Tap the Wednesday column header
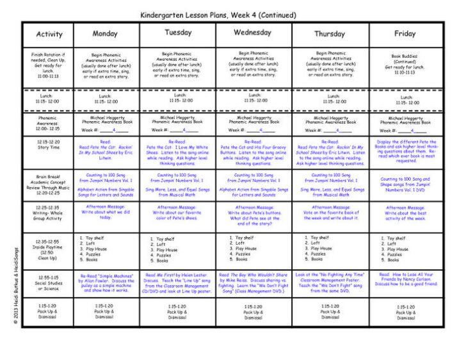252,33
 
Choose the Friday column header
405,33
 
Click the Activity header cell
49,34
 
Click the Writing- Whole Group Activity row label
49,213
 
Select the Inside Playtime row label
49,247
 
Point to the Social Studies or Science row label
49,282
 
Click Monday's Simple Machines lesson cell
106,282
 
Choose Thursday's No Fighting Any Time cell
330,282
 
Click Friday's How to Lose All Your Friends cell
405,279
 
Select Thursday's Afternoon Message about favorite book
330,213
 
